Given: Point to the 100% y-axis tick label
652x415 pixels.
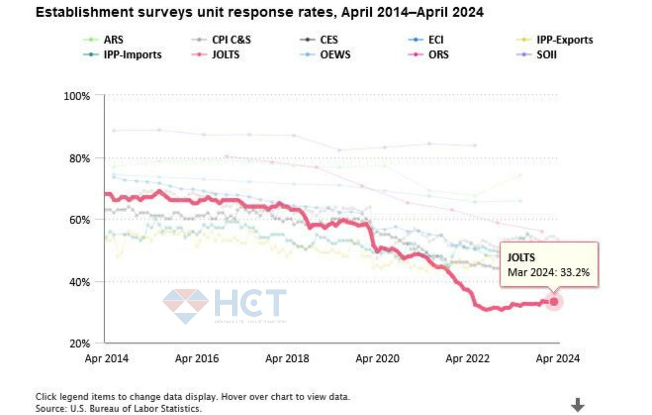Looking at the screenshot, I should click(77, 96).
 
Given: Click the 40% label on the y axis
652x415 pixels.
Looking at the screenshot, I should click(79, 282).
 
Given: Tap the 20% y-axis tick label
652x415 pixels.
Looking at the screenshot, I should click(79, 344).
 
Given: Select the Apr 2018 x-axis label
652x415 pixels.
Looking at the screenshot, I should click(287, 359).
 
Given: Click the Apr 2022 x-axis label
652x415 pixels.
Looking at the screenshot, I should click(467, 359).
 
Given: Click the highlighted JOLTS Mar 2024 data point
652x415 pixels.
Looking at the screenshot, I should click(554, 302).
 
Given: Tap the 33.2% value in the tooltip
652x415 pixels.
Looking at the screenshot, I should click(575, 272).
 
